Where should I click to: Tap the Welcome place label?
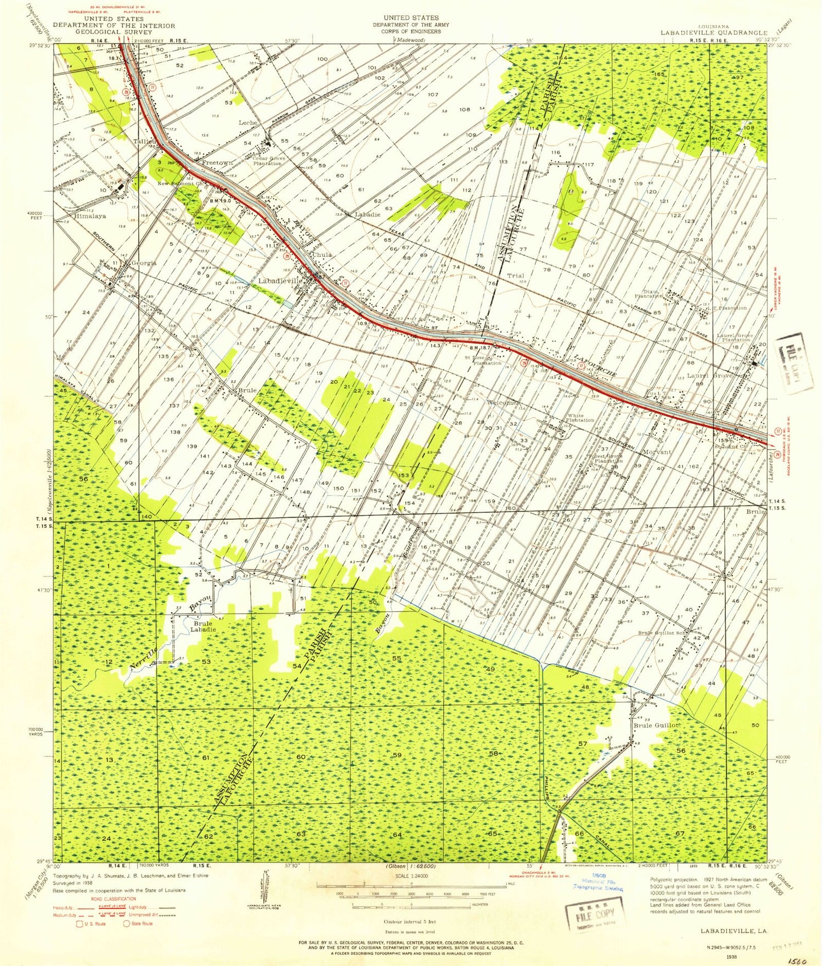(x=502, y=403)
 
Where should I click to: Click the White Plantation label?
(x=580, y=418)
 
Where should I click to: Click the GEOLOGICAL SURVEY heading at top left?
(x=114, y=32)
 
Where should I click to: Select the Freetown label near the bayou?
(x=217, y=163)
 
